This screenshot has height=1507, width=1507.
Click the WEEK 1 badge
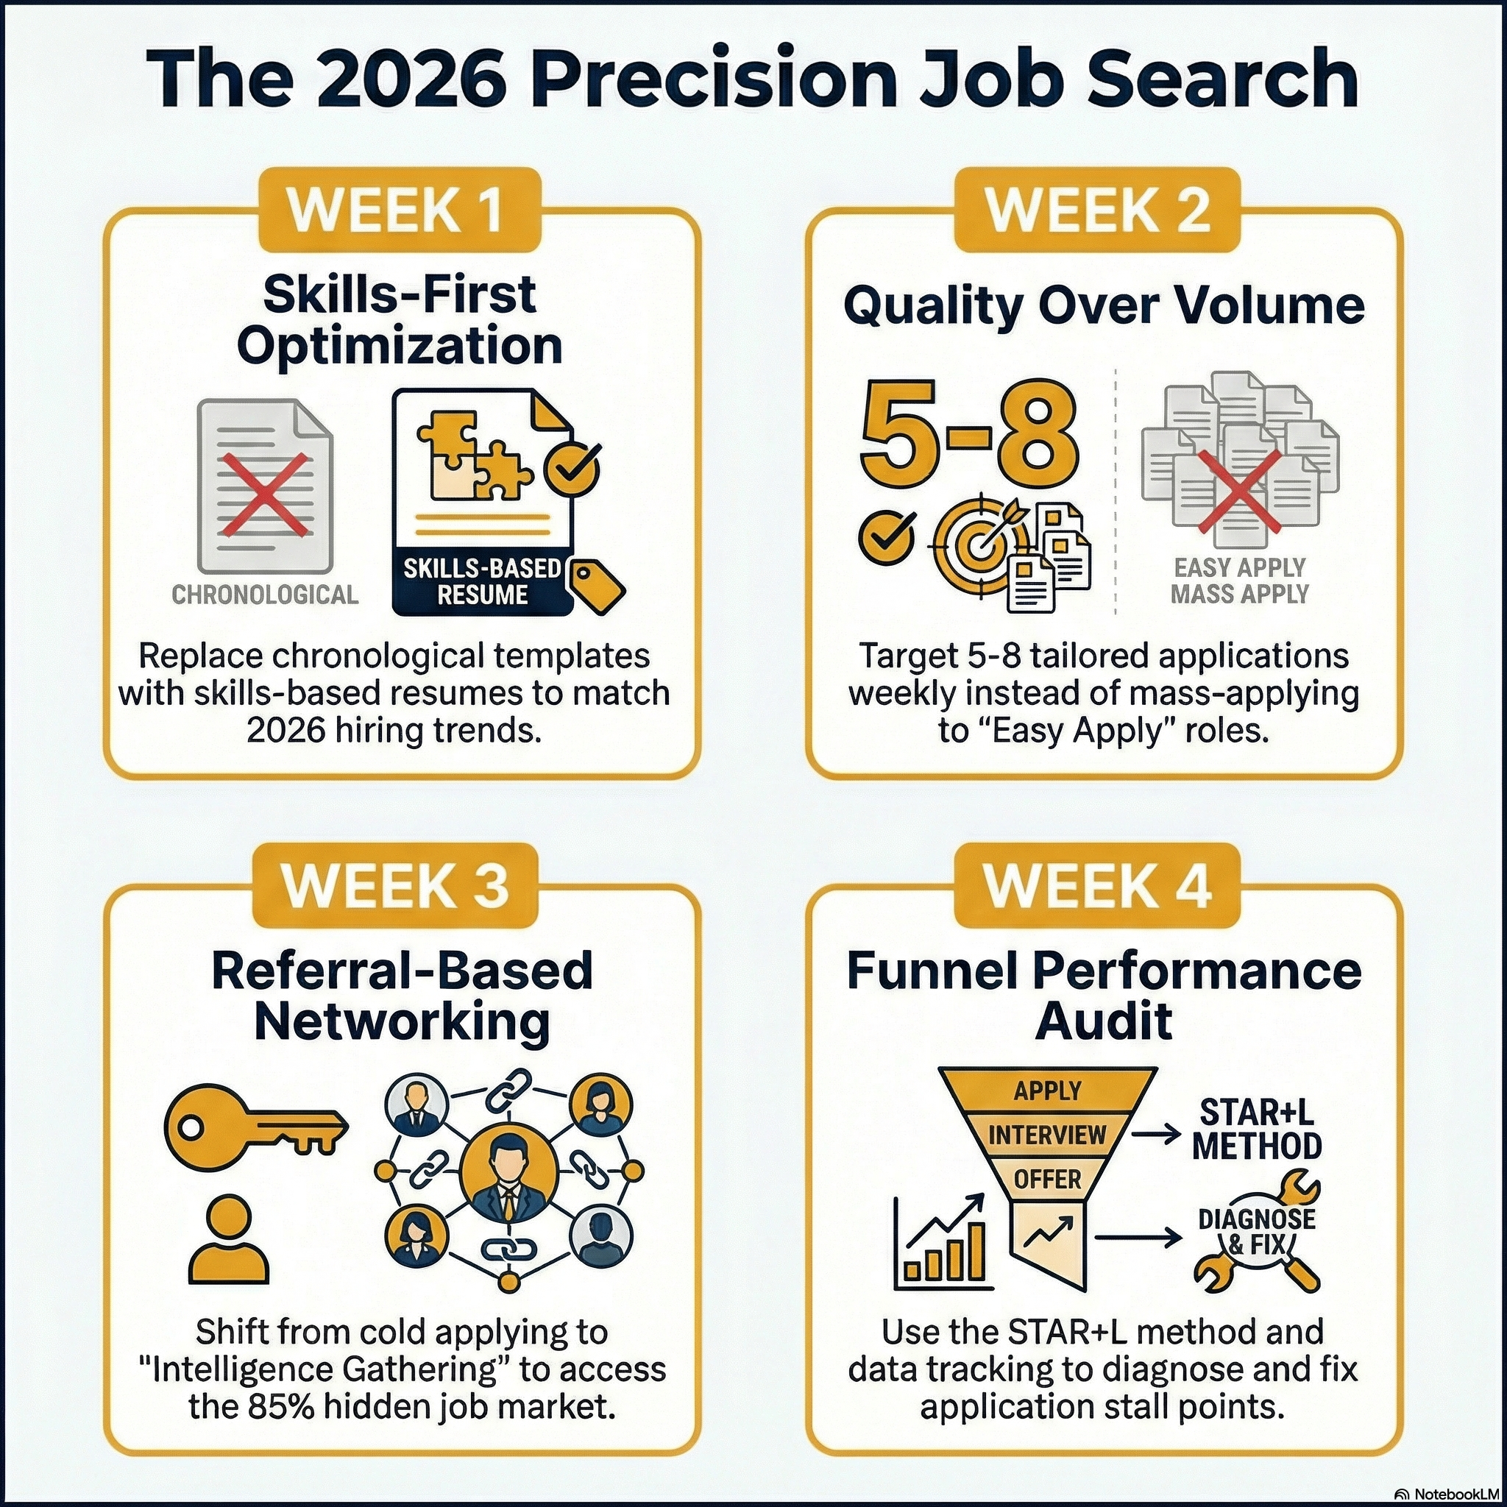[x=400, y=210]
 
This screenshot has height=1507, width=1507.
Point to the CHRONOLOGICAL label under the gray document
[x=265, y=595]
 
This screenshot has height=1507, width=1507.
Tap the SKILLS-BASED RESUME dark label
[x=482, y=582]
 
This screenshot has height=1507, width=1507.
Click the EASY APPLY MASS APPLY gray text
[x=1239, y=581]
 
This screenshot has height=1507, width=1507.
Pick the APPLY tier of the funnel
[x=1047, y=1091]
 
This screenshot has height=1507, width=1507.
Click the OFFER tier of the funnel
[x=1047, y=1180]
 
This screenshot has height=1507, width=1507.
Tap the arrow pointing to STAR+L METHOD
[x=1155, y=1135]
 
